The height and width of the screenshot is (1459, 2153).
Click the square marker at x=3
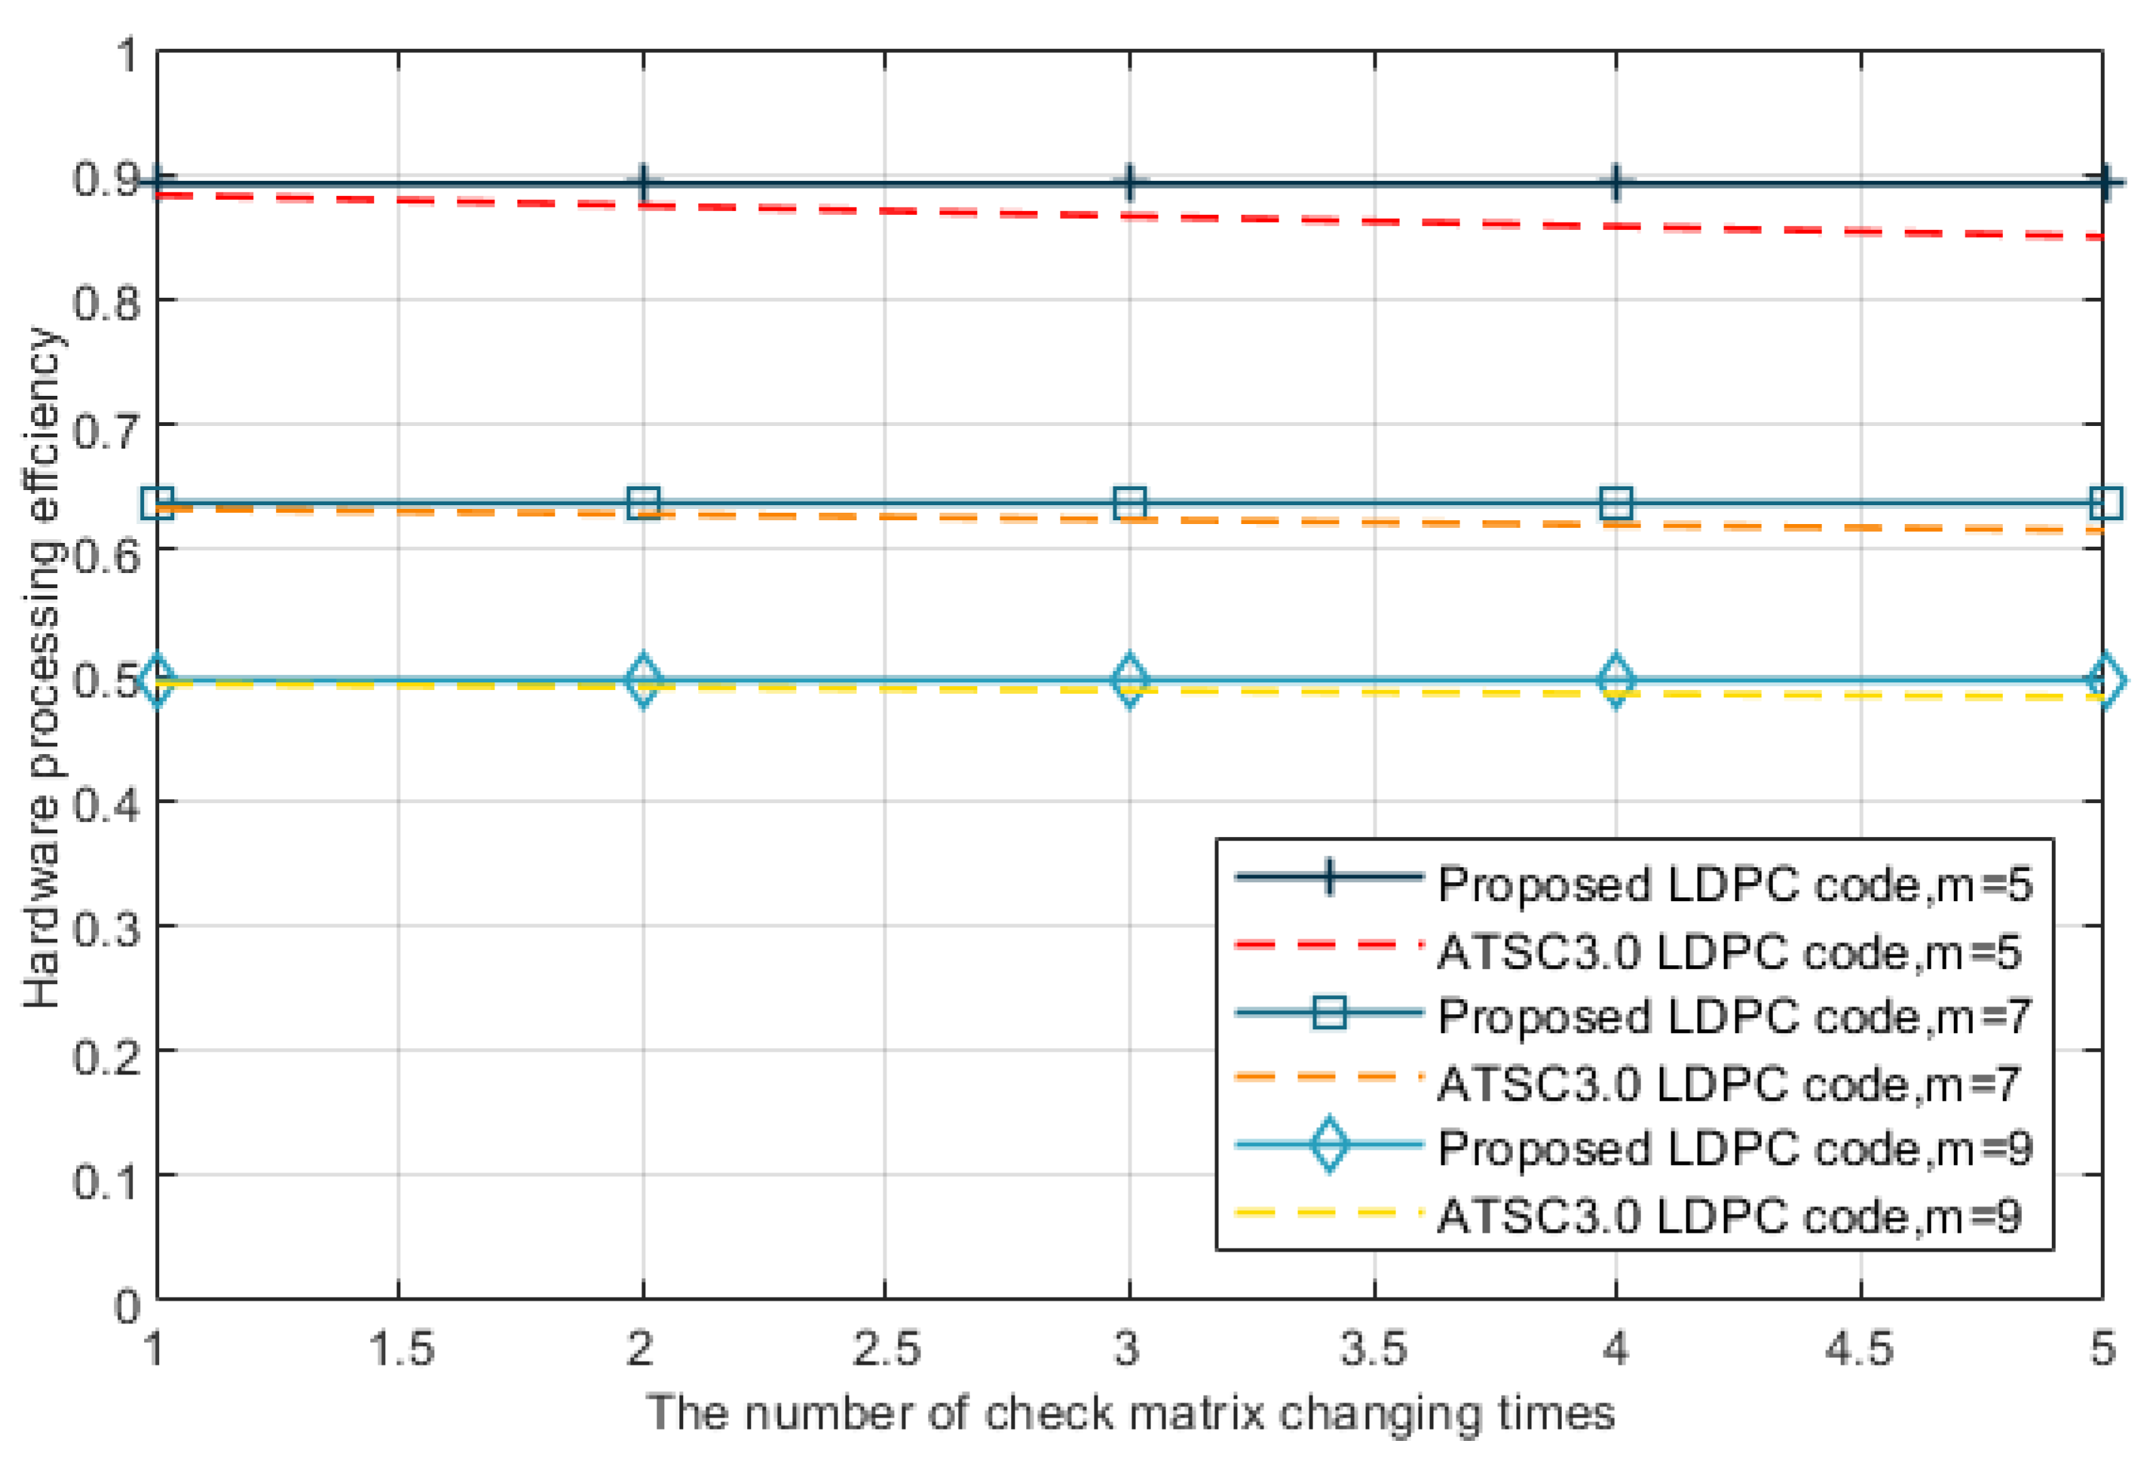(x=1129, y=504)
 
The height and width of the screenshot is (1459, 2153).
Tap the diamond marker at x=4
(x=1616, y=681)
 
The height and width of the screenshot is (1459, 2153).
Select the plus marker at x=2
(x=643, y=183)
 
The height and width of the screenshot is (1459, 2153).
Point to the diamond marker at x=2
(x=643, y=681)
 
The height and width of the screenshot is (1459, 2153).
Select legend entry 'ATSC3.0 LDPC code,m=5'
(x=1729, y=952)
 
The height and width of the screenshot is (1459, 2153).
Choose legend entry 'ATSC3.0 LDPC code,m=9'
(x=1729, y=1215)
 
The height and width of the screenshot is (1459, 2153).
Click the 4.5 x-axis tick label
(x=1861, y=1349)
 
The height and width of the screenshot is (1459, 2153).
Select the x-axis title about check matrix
(x=1130, y=1414)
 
